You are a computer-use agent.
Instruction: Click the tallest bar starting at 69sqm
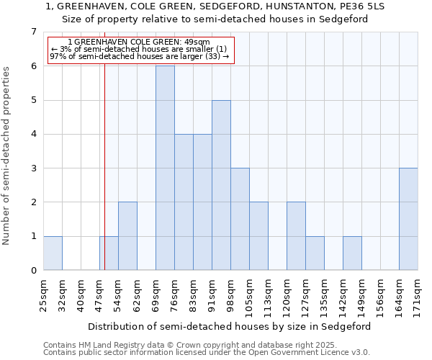(165, 168)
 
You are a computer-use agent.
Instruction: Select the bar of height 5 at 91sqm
(221, 185)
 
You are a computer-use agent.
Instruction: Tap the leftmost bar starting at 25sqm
(53, 253)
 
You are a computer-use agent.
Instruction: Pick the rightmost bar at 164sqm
(408, 219)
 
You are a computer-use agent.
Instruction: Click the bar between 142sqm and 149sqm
(352, 253)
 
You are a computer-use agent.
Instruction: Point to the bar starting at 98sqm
(240, 219)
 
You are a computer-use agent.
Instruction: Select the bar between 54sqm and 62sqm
(127, 236)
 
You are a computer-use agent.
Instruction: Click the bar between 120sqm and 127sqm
(296, 236)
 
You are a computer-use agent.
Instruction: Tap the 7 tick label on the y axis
(33, 32)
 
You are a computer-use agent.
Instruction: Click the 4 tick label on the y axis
(33, 134)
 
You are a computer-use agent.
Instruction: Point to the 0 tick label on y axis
(33, 271)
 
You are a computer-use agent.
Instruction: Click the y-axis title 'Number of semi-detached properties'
(7, 156)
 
